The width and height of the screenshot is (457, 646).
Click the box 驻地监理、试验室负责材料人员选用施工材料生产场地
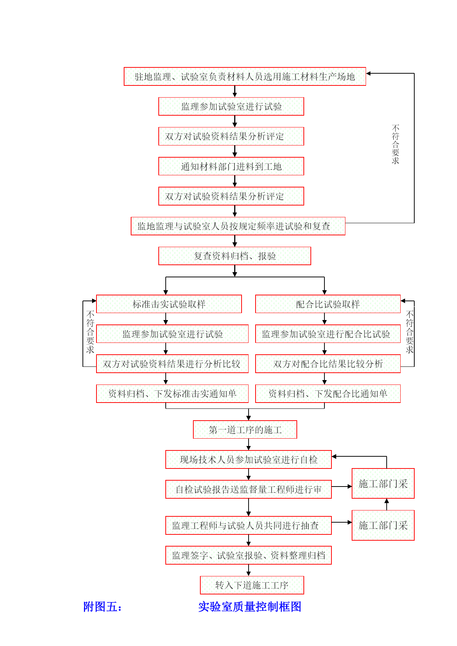[245, 77]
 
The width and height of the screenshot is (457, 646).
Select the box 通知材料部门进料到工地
[231, 166]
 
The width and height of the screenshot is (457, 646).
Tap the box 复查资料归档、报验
[235, 256]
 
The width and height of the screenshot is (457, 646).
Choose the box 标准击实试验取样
[169, 304]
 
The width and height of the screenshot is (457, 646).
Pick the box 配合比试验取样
[328, 304]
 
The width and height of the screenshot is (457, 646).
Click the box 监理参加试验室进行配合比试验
[328, 334]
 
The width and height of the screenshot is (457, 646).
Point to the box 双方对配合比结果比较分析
[328, 364]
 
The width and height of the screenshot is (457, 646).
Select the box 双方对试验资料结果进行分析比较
[172, 364]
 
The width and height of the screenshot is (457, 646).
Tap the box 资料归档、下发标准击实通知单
[172, 394]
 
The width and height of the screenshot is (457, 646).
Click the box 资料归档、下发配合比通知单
[328, 394]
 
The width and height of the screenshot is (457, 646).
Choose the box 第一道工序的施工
[245, 430]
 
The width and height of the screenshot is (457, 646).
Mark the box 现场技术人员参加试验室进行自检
[249, 460]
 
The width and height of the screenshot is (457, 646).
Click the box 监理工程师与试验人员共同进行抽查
[249, 526]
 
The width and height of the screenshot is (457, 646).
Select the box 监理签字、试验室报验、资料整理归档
[249, 555]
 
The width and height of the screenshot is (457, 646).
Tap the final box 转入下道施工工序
[252, 585]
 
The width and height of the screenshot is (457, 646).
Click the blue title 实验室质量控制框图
[250, 607]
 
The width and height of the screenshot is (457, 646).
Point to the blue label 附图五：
[102, 607]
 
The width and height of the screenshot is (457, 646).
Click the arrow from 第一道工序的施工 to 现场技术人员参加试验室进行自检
[249, 445]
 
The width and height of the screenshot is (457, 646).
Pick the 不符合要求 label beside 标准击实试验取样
[90, 332]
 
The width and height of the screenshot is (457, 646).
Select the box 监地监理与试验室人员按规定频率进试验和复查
[238, 226]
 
